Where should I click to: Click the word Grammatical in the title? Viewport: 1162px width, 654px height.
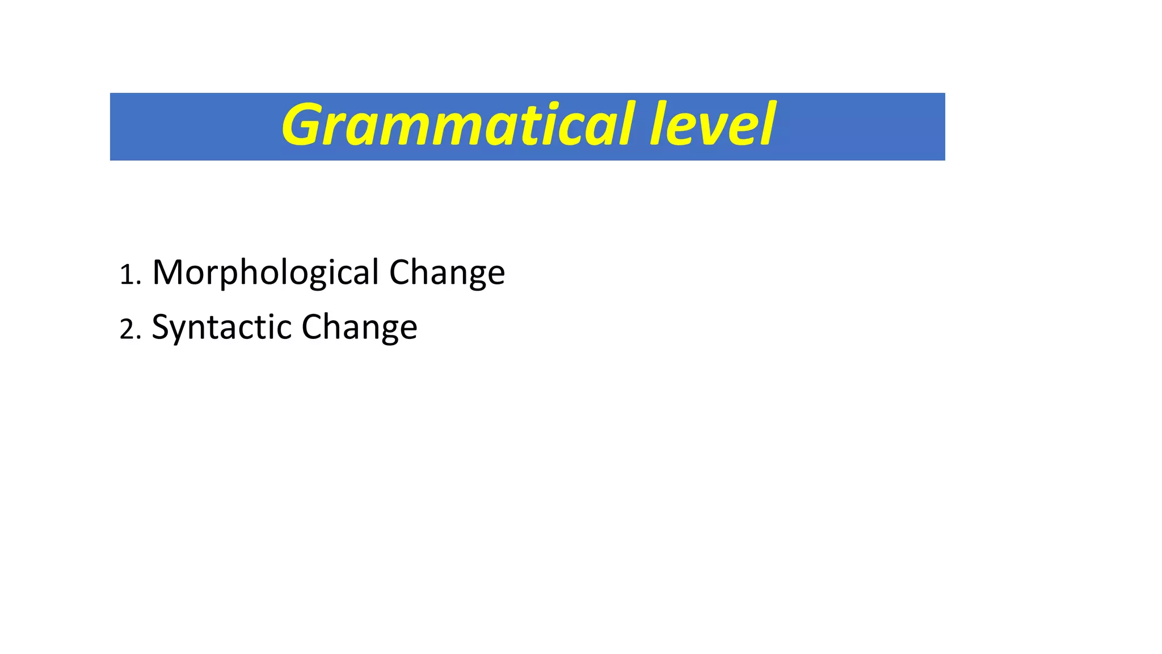(x=457, y=125)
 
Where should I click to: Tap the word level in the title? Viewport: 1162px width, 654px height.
(x=713, y=125)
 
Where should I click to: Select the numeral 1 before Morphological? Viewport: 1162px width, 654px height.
(x=127, y=276)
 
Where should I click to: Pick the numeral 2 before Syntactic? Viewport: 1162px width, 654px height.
(x=127, y=330)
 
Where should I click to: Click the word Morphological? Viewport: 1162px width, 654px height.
(x=266, y=273)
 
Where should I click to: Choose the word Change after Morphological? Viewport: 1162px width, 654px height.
(x=447, y=273)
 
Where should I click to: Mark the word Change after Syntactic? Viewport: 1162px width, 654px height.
(x=359, y=328)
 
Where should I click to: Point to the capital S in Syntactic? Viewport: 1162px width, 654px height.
(x=161, y=327)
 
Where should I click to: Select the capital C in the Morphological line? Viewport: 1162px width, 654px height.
(x=400, y=272)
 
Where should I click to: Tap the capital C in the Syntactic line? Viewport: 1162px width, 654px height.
(x=312, y=327)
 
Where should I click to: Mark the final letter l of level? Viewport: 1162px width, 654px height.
(x=767, y=124)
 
